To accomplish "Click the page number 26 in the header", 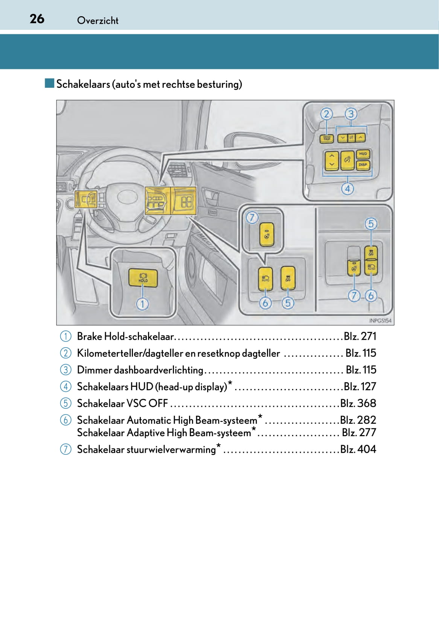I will [37, 19].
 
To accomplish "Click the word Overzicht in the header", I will [98, 21].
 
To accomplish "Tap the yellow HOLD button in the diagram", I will [143, 278].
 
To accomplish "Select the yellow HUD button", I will [363, 154].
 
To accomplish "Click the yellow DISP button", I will [363, 165].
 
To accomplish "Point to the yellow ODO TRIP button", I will [326, 139].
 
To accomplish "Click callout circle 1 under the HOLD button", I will [142, 304].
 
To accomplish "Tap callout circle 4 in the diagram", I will [347, 189].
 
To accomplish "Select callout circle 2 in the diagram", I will [326, 114].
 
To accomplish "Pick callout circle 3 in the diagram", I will [351, 114].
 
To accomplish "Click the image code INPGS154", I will [380, 321].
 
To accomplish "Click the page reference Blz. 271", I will [360, 336].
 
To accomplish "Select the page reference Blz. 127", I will [360, 386].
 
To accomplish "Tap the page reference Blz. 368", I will [358, 403].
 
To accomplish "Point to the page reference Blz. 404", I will [358, 449].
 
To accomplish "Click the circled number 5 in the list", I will [66, 403].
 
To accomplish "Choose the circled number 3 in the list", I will [66, 370].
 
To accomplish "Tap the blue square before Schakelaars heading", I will [49, 83].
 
